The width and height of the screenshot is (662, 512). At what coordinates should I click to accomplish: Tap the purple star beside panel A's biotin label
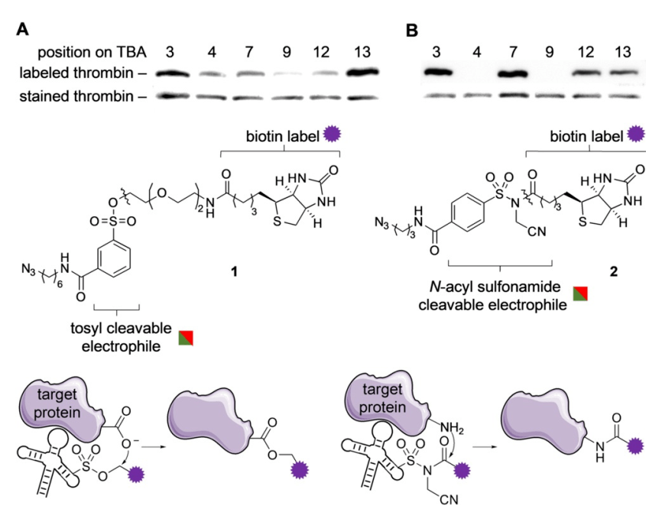pos(330,135)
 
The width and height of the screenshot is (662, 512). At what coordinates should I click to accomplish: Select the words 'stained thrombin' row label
pos(74,97)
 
